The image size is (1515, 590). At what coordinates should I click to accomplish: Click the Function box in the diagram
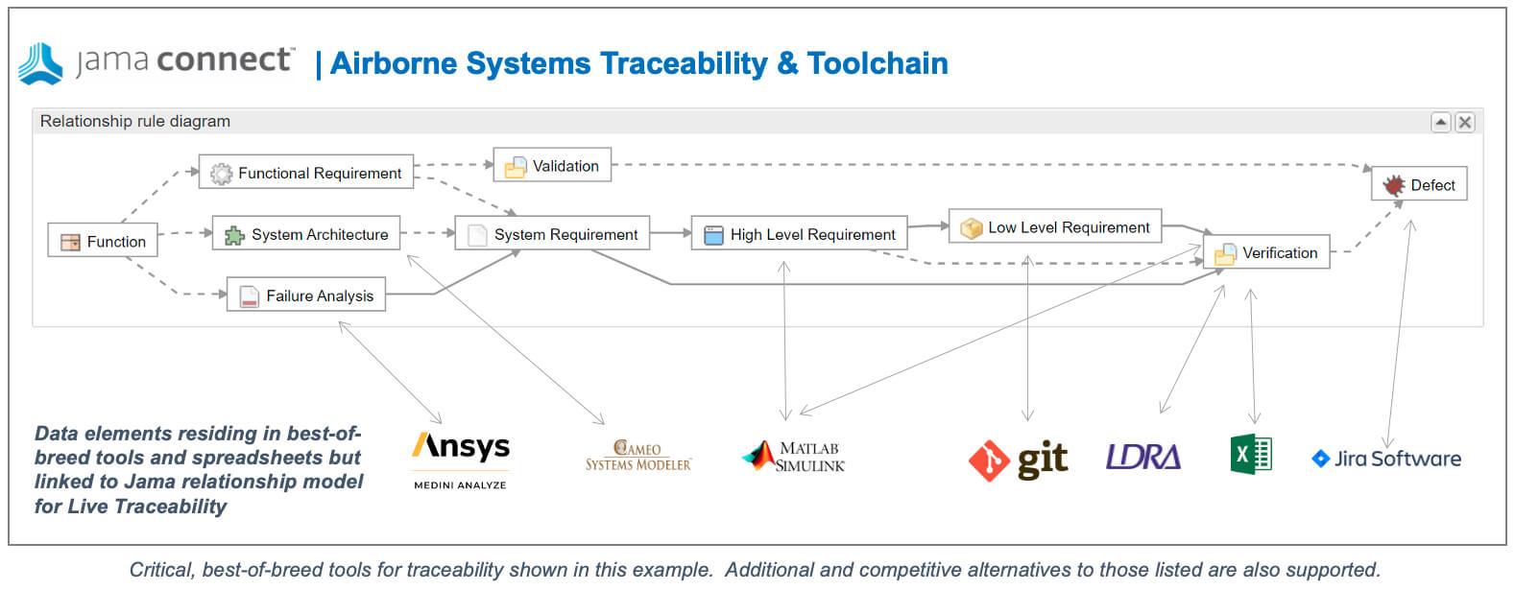point(103,241)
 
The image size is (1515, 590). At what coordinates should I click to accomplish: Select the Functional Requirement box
point(306,172)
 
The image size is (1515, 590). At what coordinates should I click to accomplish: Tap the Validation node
point(553,165)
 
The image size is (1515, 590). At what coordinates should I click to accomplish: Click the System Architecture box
point(306,233)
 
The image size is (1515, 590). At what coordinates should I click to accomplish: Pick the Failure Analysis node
point(306,295)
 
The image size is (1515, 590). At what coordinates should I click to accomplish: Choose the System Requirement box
point(553,233)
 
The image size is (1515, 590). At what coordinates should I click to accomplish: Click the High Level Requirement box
point(800,233)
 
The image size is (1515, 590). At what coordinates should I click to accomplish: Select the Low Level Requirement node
point(1056,226)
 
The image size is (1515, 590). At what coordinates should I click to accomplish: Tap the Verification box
point(1266,252)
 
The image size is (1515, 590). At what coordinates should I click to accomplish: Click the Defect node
point(1420,184)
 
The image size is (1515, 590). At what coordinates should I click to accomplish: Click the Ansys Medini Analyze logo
point(461,460)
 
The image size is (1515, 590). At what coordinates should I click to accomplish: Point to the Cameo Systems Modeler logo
point(638,456)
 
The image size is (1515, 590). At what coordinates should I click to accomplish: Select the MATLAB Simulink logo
point(793,457)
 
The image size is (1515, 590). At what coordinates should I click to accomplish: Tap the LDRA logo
point(1143,457)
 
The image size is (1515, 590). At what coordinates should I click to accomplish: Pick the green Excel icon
point(1251,454)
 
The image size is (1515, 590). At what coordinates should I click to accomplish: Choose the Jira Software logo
point(1386,459)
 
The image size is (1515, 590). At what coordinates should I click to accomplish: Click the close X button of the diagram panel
point(1465,123)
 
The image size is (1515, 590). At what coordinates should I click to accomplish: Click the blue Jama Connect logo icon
point(40,64)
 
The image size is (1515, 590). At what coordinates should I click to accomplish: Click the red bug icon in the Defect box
point(1393,184)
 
